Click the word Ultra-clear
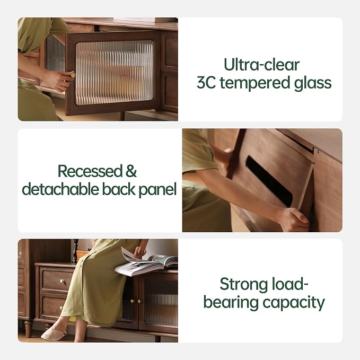(x=261, y=65)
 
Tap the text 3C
(x=206, y=83)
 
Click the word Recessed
(x=90, y=171)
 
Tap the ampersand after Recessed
(x=131, y=171)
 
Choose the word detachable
(x=60, y=189)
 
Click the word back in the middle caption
(x=119, y=189)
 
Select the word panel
(x=157, y=190)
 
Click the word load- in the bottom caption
(x=289, y=284)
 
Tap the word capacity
(x=294, y=303)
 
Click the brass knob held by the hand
(x=73, y=75)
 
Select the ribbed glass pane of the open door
(x=114, y=73)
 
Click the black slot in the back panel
(x=269, y=181)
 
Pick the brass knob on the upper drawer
(x=62, y=281)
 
